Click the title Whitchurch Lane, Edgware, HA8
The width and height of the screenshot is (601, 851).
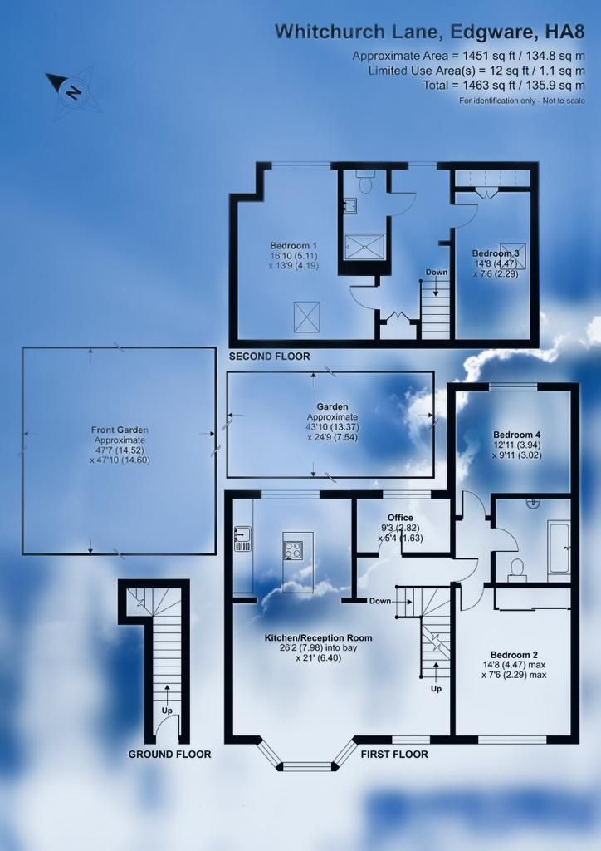coord(430,32)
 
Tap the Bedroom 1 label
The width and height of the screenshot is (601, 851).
coord(293,246)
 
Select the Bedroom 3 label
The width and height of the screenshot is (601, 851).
coord(496,253)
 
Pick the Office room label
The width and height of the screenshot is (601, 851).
coord(400,518)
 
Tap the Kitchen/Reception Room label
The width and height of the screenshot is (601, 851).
coord(318,637)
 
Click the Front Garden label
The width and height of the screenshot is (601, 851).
coord(120,430)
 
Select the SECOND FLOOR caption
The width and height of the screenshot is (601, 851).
coord(269,357)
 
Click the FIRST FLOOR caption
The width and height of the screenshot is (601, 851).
coord(394,755)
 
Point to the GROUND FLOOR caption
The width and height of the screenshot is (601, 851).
coord(169,755)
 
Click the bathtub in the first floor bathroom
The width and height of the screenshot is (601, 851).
coord(559,551)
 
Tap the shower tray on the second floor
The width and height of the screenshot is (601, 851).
coord(365,247)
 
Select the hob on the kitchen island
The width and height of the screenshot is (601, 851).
coord(294,550)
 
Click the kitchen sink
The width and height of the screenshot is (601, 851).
coord(242,539)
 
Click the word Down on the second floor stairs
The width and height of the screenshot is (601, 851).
coord(436,273)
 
